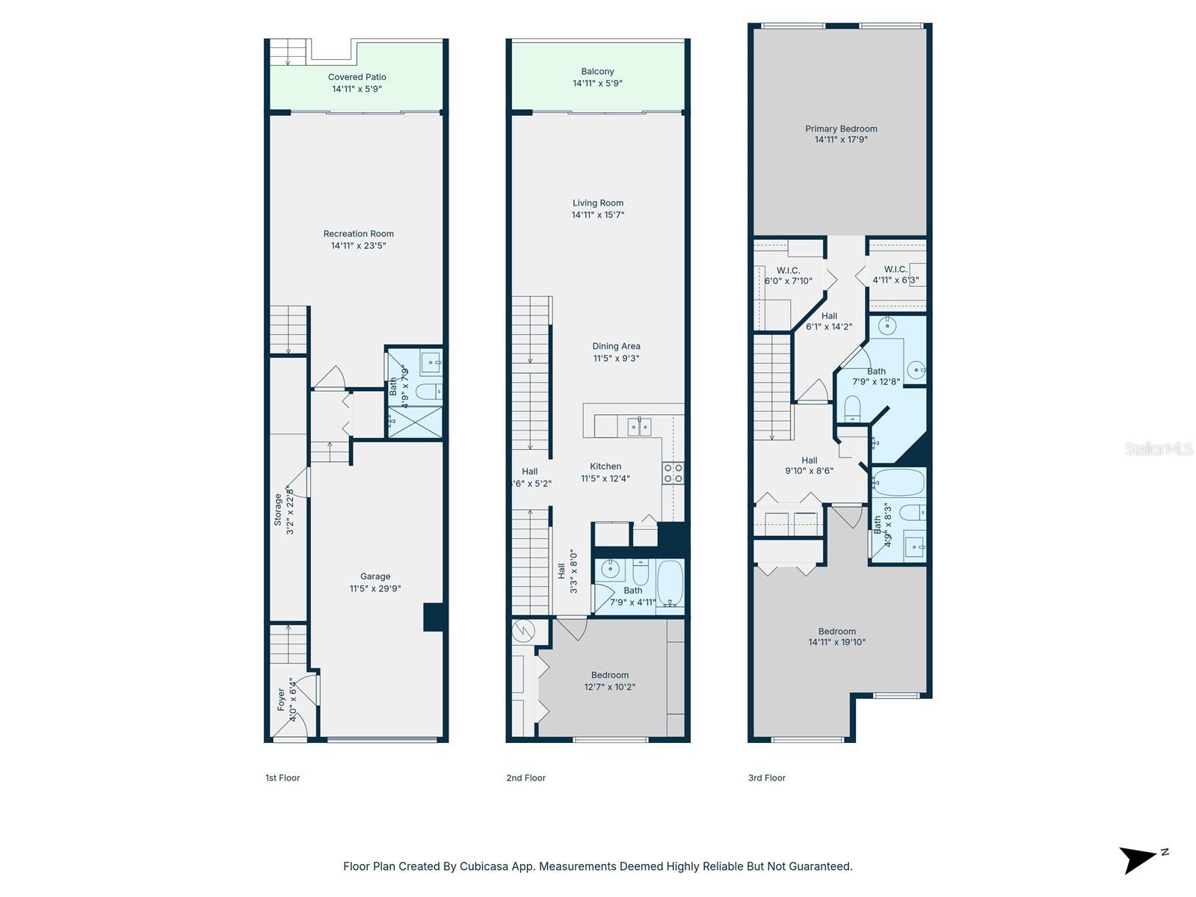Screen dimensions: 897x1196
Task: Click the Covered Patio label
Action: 357,77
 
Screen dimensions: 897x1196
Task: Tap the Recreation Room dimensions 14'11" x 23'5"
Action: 358,246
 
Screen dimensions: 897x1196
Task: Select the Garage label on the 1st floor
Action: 375,576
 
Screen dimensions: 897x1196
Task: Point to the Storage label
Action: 278,509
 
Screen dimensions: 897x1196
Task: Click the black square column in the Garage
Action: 434,617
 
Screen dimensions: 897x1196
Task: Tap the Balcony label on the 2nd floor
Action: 597,72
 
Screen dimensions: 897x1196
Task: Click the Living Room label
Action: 597,203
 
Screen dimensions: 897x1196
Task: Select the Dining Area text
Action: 616,346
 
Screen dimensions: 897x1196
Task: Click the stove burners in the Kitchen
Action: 673,473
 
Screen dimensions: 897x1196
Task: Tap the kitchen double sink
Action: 639,427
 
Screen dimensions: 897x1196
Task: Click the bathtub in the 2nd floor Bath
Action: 670,583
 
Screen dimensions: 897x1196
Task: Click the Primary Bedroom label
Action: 841,129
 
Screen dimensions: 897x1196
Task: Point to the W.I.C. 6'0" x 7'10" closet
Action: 788,276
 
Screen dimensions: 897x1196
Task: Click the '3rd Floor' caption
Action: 766,778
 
